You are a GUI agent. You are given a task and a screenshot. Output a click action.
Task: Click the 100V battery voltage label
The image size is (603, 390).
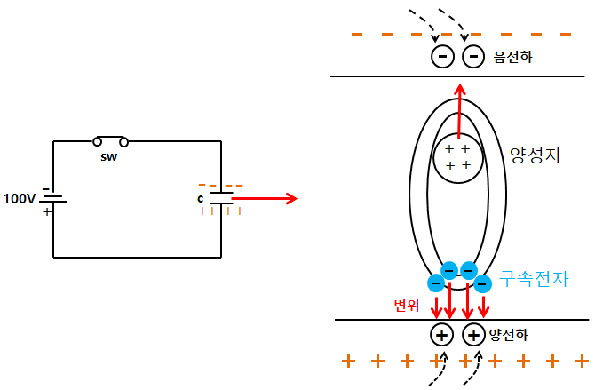(20, 197)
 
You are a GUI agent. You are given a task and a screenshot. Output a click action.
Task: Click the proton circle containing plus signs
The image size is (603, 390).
(458, 156)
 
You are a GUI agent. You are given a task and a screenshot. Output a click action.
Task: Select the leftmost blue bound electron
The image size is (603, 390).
(436, 283)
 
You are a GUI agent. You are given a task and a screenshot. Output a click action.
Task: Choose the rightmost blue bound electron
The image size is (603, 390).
(482, 284)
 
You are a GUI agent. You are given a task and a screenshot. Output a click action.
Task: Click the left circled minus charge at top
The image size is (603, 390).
(441, 57)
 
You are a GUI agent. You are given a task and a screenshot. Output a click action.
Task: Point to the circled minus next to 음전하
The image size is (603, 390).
(474, 57)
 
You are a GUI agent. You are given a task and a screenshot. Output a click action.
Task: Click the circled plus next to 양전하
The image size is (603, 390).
(474, 335)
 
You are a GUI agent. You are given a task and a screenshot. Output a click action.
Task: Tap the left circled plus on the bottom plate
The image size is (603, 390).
(441, 335)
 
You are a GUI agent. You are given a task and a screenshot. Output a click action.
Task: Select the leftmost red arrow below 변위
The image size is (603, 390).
(436, 306)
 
